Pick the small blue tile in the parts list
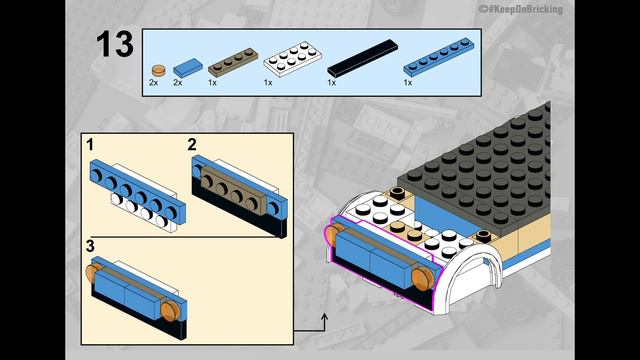point(185,67)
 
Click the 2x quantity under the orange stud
point(154,83)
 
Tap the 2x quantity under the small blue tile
point(178,83)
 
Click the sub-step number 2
point(193,146)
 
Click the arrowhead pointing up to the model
point(324,317)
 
